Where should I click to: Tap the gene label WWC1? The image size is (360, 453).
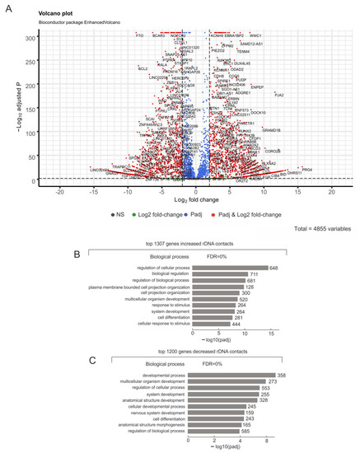[x=255, y=36]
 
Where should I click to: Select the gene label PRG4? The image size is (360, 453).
[x=306, y=170]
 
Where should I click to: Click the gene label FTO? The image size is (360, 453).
[x=139, y=36]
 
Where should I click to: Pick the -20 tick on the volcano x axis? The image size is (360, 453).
[x=59, y=190]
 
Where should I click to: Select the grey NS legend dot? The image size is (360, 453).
[x=110, y=213]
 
